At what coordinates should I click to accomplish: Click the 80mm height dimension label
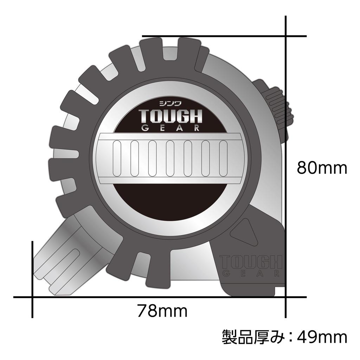[322, 168]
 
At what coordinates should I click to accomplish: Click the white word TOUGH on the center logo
[170, 116]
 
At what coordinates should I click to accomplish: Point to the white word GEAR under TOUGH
[170, 128]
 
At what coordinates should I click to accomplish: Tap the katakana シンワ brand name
[170, 103]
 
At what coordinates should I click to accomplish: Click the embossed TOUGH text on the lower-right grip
[251, 262]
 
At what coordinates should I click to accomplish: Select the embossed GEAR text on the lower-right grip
[251, 274]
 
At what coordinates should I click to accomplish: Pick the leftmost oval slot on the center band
[117, 158]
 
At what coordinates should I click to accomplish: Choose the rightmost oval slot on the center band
[223, 158]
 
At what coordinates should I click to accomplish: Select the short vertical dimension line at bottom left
[32, 278]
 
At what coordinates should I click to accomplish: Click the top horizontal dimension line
[225, 36]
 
